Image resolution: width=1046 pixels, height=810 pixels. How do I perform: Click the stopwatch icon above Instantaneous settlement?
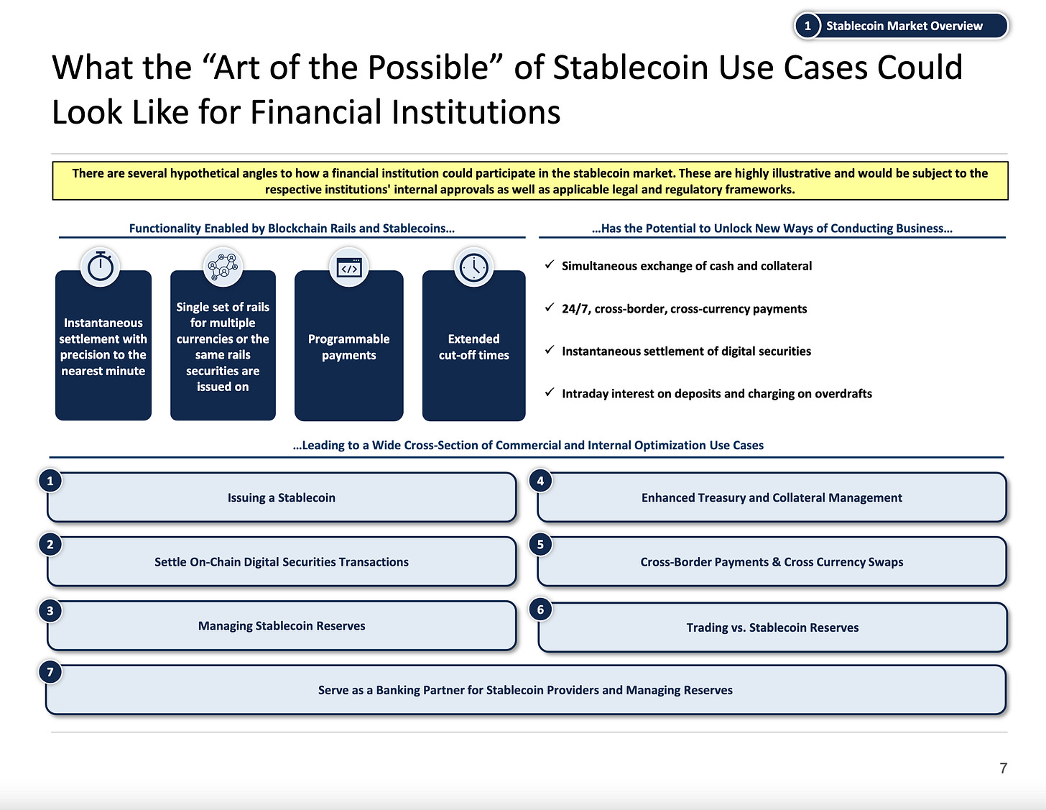click(x=101, y=267)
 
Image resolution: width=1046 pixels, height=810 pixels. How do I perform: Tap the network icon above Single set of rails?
click(x=223, y=267)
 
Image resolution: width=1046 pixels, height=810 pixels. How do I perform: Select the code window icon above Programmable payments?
click(x=349, y=268)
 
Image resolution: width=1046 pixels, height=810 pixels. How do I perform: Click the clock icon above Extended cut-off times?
click(x=474, y=267)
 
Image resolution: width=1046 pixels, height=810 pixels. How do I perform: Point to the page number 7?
click(x=1003, y=768)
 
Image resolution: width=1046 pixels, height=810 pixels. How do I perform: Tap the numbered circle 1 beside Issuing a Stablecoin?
click(x=50, y=481)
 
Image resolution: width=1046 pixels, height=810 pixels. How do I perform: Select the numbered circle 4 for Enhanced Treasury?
click(x=540, y=481)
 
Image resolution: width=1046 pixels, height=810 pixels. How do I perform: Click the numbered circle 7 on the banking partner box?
click(x=50, y=672)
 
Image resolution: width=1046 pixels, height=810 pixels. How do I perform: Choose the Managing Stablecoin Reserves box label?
click(x=282, y=626)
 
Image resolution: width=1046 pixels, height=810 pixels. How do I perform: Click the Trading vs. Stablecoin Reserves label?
click(x=772, y=627)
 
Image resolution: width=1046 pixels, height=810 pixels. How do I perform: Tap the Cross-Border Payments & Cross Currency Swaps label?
click(x=772, y=562)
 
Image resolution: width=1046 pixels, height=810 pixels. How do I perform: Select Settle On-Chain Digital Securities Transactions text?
click(x=282, y=562)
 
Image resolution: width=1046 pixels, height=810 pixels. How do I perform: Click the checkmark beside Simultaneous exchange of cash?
click(x=549, y=265)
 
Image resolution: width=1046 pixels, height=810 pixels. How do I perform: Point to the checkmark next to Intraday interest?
click(x=549, y=392)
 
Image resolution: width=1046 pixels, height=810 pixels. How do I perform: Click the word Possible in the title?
click(x=427, y=68)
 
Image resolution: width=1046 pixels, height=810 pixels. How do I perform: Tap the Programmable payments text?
click(x=349, y=347)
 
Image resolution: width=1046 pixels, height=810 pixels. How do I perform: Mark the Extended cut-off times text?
click(x=474, y=347)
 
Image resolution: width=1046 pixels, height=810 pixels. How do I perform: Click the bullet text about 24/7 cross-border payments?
click(x=684, y=309)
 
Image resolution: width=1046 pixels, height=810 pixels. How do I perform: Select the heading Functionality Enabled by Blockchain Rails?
click(x=292, y=229)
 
